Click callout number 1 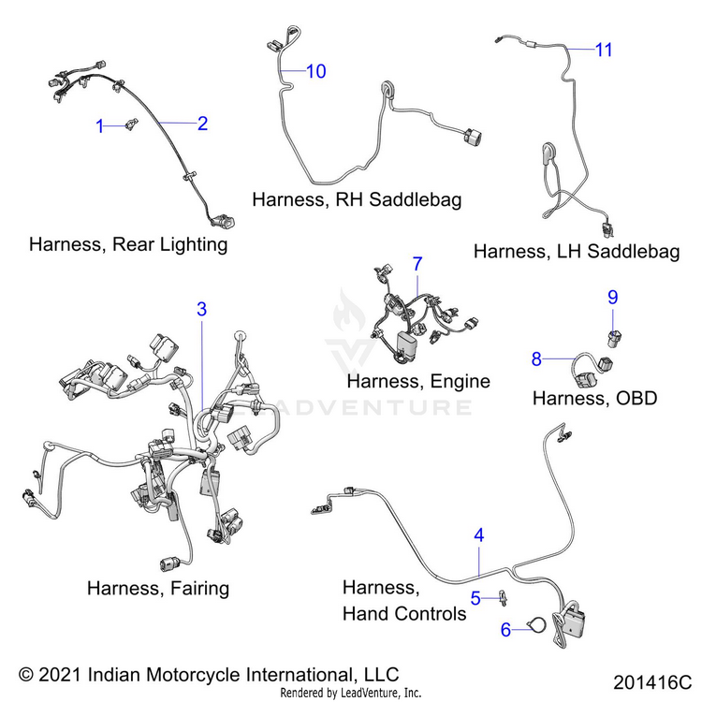click(x=100, y=126)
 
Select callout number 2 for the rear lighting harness click(x=202, y=123)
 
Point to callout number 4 click(x=479, y=536)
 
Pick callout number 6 click(x=506, y=630)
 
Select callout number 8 click(x=536, y=358)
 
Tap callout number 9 click(x=613, y=298)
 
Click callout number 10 click(x=316, y=71)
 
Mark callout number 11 click(x=605, y=50)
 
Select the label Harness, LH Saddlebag click(x=576, y=252)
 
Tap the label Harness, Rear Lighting click(x=128, y=244)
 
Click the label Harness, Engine click(x=417, y=381)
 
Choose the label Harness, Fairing click(x=157, y=588)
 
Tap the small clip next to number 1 click(x=131, y=124)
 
